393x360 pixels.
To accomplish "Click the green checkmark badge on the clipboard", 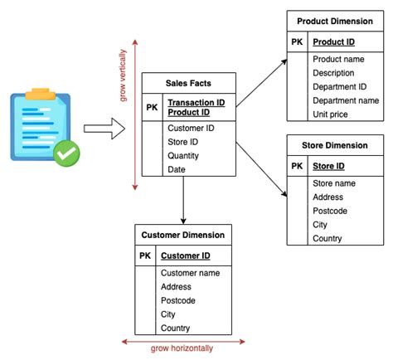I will click(x=67, y=153).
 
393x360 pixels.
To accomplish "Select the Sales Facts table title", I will click(x=188, y=84).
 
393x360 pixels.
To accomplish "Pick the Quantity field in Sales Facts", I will click(x=183, y=155).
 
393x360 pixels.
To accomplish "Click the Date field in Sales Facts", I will click(x=177, y=168).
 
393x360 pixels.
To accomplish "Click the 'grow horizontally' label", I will click(x=183, y=348).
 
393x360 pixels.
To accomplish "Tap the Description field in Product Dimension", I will click(x=334, y=73).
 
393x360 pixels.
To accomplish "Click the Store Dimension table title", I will click(x=335, y=146).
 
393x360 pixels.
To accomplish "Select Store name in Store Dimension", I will click(x=334, y=182).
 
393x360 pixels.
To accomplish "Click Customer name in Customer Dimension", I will click(x=189, y=273).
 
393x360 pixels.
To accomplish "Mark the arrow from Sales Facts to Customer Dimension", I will click(x=183, y=199).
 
